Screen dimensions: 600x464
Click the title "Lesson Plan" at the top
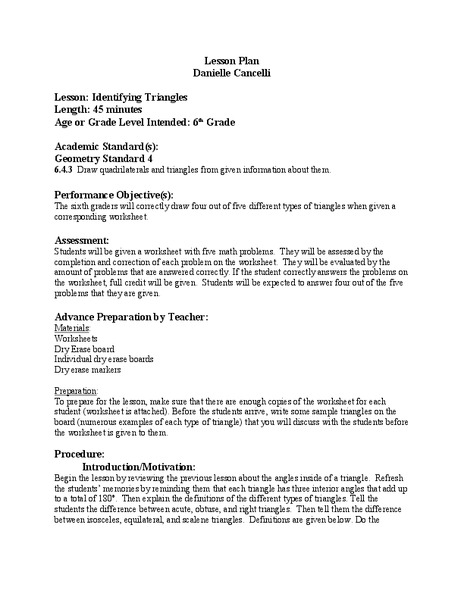click(231, 59)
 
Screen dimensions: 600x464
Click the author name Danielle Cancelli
click(231, 73)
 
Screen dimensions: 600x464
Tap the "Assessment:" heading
click(82, 241)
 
